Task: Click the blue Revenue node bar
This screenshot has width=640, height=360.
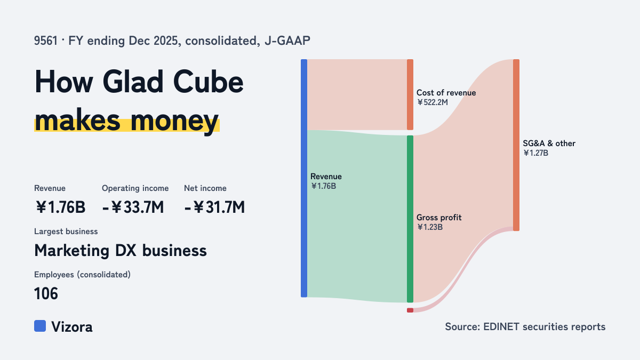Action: click(x=304, y=178)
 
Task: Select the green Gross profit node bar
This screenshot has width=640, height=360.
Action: click(x=410, y=219)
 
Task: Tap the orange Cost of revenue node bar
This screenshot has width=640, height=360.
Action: click(x=410, y=94)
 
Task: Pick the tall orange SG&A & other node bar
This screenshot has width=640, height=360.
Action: click(x=516, y=145)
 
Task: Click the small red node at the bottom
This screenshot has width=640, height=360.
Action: click(x=410, y=310)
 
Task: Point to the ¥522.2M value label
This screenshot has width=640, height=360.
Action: click(x=433, y=102)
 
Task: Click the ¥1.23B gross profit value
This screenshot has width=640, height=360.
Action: click(x=430, y=227)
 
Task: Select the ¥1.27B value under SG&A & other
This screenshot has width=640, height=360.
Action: click(x=535, y=153)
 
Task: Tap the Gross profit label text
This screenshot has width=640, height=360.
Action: click(x=439, y=218)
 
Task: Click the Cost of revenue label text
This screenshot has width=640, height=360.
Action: click(x=446, y=93)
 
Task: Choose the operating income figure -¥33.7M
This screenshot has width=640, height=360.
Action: click(x=133, y=207)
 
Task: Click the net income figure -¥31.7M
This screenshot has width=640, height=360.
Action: click(x=214, y=207)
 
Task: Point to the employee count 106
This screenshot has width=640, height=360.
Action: click(x=46, y=293)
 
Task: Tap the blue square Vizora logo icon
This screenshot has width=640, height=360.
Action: click(x=40, y=326)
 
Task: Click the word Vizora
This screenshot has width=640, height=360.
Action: click(x=72, y=326)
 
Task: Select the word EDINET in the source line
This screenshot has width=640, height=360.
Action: click(x=501, y=326)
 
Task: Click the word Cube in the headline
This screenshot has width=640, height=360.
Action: click(x=209, y=82)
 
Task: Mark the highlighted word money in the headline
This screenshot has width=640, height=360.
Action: click(x=174, y=122)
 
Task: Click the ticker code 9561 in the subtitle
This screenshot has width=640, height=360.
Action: click(x=46, y=41)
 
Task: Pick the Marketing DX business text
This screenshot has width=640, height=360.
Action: click(x=121, y=251)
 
